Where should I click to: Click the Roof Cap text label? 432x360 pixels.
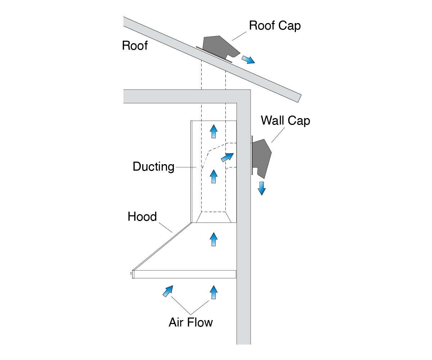tap(275, 26)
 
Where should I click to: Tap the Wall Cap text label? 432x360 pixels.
tap(285, 120)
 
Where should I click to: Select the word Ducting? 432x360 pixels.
tap(153, 167)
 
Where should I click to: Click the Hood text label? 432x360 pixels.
tap(142, 217)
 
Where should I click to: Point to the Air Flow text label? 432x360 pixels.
tap(190, 322)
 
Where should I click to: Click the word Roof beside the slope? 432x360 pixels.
tap(135, 46)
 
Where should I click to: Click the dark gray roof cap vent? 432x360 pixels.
tap(220, 47)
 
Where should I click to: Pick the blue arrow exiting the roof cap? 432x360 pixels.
tap(248, 59)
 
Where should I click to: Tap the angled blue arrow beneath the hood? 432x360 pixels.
tap(168, 291)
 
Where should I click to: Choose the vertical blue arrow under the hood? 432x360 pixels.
tap(214, 292)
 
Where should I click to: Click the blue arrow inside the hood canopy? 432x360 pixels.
tap(214, 239)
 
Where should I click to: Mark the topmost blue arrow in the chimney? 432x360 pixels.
tap(214, 131)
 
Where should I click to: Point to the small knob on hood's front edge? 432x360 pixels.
tap(131, 274)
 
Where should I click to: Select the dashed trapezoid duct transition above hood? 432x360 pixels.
tap(213, 217)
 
